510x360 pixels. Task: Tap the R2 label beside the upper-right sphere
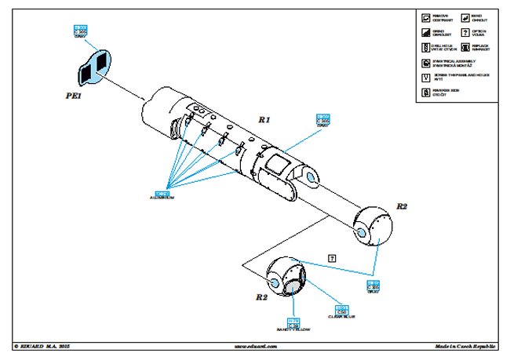[x=401, y=206]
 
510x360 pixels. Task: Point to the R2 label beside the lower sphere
[x=262, y=298]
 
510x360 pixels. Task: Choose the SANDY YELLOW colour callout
[x=293, y=325]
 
